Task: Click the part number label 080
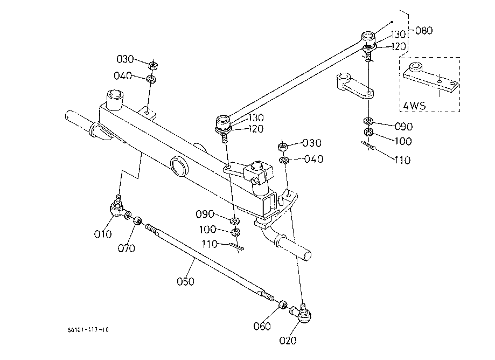pos(424,31)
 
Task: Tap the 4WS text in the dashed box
pos(415,106)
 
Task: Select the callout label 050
pos(185,281)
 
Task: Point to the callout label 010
pos(103,234)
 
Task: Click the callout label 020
pos(288,341)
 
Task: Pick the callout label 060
pos(262,326)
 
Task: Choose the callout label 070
pos(126,248)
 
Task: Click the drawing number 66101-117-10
pos(88,330)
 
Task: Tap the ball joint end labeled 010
pos(117,209)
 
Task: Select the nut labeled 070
pos(137,221)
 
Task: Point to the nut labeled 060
pos(283,305)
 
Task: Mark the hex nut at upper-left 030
pos(153,66)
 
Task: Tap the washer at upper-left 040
pos(151,78)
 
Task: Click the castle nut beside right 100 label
pos(368,133)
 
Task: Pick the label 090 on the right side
pos(404,127)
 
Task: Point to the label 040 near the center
pos(314,159)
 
